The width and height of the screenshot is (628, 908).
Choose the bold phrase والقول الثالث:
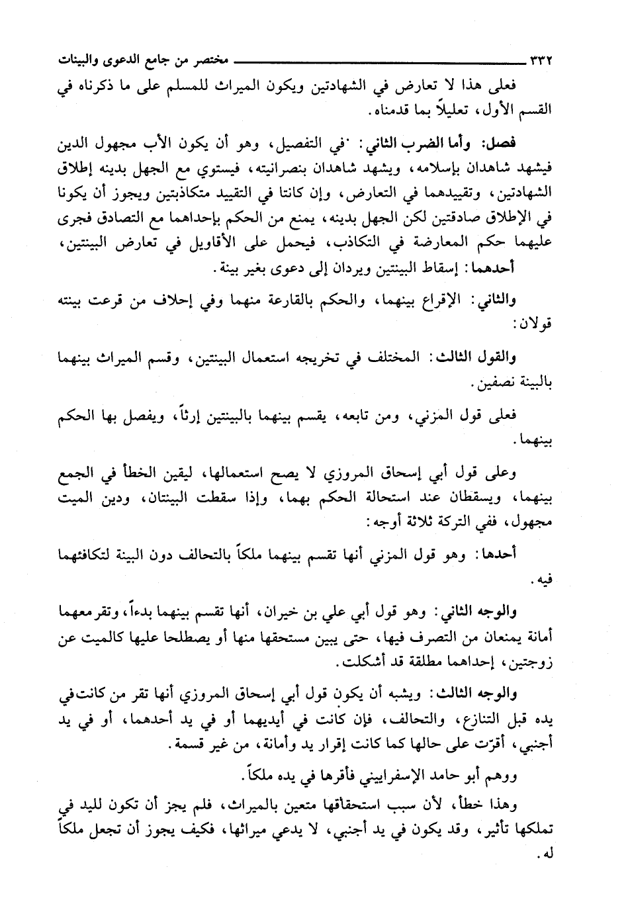tap(485, 357)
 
